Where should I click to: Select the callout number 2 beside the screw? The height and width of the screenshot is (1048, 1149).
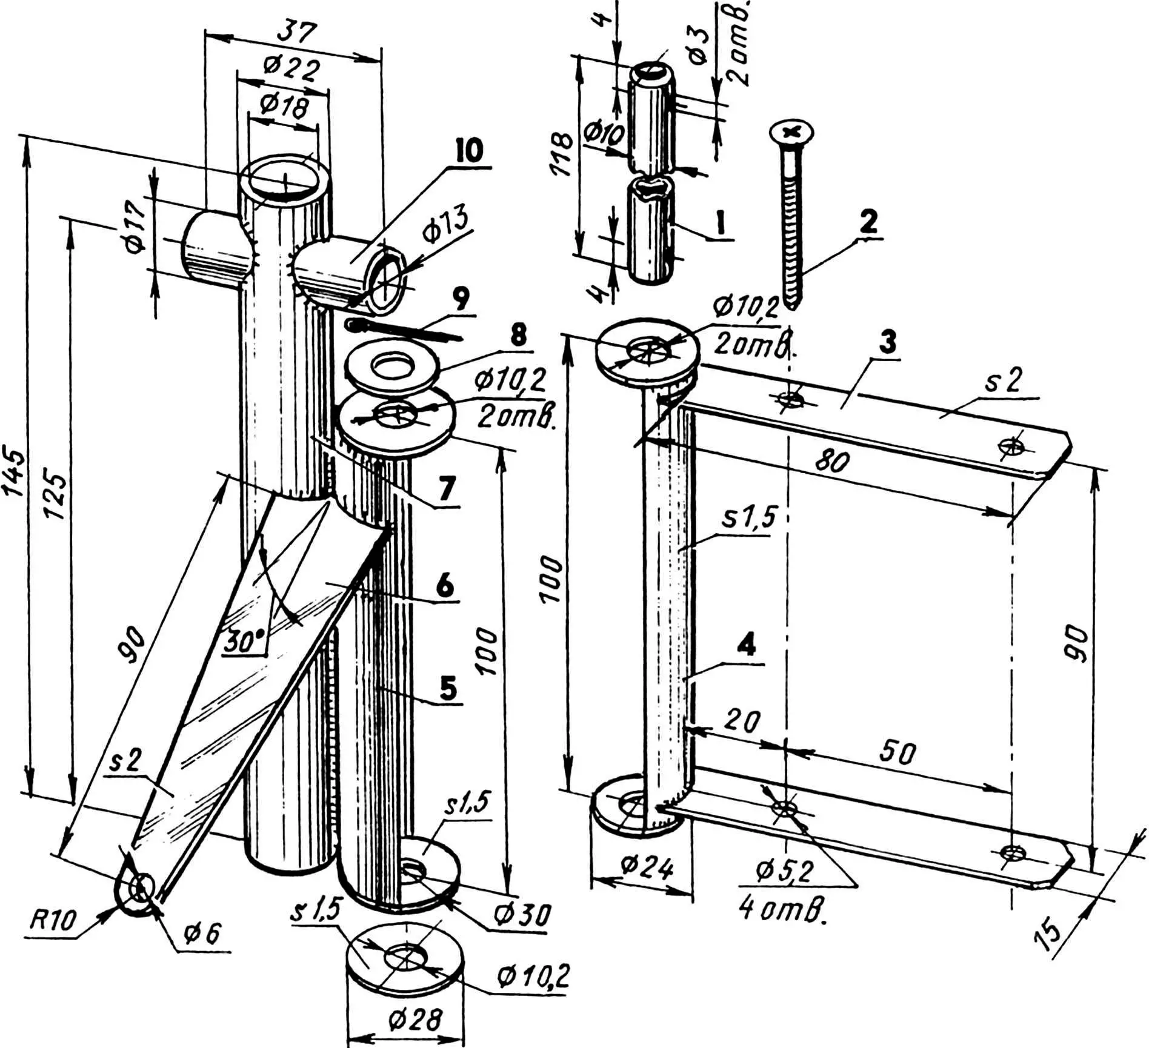click(x=868, y=222)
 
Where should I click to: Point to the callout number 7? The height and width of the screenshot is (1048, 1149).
click(x=447, y=489)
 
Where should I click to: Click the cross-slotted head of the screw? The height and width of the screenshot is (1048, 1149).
click(x=791, y=131)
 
